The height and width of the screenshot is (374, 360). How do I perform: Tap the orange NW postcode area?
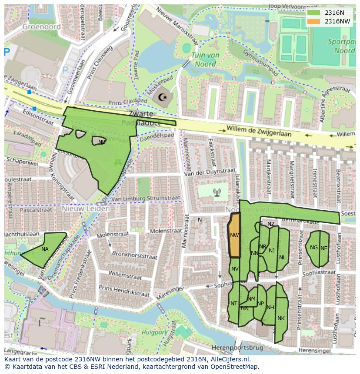click(x=234, y=235)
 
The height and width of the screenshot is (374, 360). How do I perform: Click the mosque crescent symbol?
click(x=163, y=97)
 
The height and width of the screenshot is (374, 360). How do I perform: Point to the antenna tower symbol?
click(x=217, y=192)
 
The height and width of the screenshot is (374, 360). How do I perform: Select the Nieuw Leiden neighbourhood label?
click(x=86, y=209)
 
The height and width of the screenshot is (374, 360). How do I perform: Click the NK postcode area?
click(x=281, y=318)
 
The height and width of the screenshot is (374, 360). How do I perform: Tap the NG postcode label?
click(x=313, y=248)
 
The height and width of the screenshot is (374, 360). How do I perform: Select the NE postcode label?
click(x=324, y=248)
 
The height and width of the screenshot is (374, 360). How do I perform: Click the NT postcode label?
click(x=234, y=304)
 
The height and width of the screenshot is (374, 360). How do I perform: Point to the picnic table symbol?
click(x=117, y=162)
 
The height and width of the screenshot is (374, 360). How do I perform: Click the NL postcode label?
click(x=283, y=257)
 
